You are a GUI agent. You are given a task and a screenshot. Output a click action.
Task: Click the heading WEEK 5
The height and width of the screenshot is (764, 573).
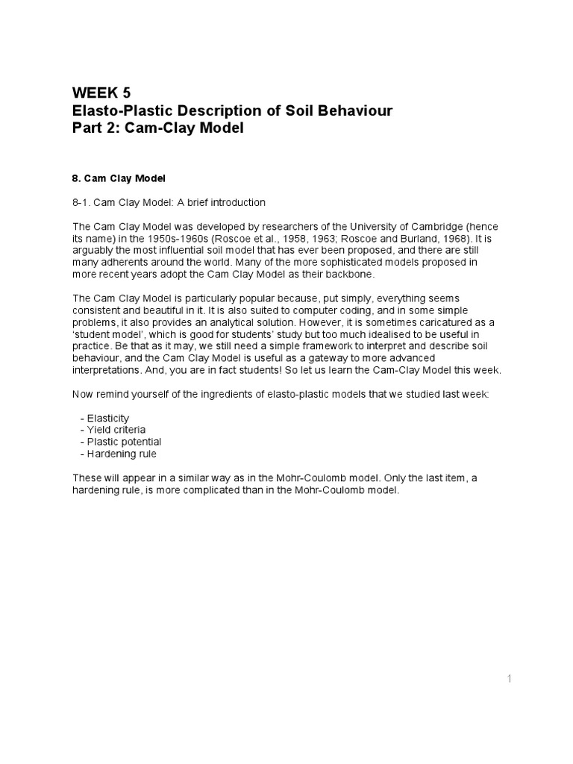click(x=101, y=93)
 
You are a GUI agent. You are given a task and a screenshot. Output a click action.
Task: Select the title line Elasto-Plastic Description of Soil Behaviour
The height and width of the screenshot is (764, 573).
click(x=232, y=110)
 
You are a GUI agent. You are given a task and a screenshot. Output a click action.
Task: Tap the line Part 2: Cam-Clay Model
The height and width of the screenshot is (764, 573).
click(x=157, y=128)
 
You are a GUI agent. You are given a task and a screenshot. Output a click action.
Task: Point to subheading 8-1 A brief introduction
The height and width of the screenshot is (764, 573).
click(x=169, y=202)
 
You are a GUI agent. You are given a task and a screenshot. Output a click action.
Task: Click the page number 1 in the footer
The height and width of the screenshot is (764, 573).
click(x=510, y=678)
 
